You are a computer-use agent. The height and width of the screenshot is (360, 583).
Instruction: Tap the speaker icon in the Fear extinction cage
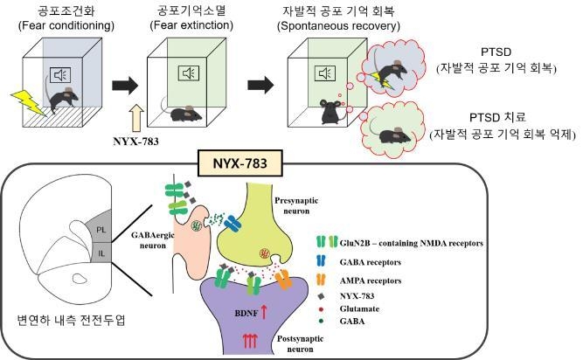coord(189,73)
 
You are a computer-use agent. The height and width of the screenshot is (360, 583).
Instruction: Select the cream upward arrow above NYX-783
coord(136,118)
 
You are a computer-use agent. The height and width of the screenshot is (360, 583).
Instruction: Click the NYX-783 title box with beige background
coord(240,163)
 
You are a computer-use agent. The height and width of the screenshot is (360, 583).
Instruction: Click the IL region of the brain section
coord(101,253)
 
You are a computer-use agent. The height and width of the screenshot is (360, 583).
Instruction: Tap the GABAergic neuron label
coord(153,240)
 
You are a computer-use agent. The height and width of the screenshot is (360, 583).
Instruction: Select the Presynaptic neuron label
coord(296,205)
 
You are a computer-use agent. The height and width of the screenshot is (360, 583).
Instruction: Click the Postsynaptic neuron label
coord(300,343)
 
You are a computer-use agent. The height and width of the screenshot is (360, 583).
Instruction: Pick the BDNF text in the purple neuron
coord(246,313)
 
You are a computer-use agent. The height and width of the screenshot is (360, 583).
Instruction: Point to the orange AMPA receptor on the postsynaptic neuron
coord(283,280)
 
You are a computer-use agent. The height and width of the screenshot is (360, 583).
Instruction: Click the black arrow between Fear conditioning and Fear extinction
coord(125,86)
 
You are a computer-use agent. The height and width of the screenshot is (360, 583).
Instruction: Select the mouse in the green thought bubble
coord(393,135)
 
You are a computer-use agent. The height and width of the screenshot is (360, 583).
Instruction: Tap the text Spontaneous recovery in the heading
coord(338,26)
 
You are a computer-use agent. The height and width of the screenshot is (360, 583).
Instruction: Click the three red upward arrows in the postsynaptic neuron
coord(250,341)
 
